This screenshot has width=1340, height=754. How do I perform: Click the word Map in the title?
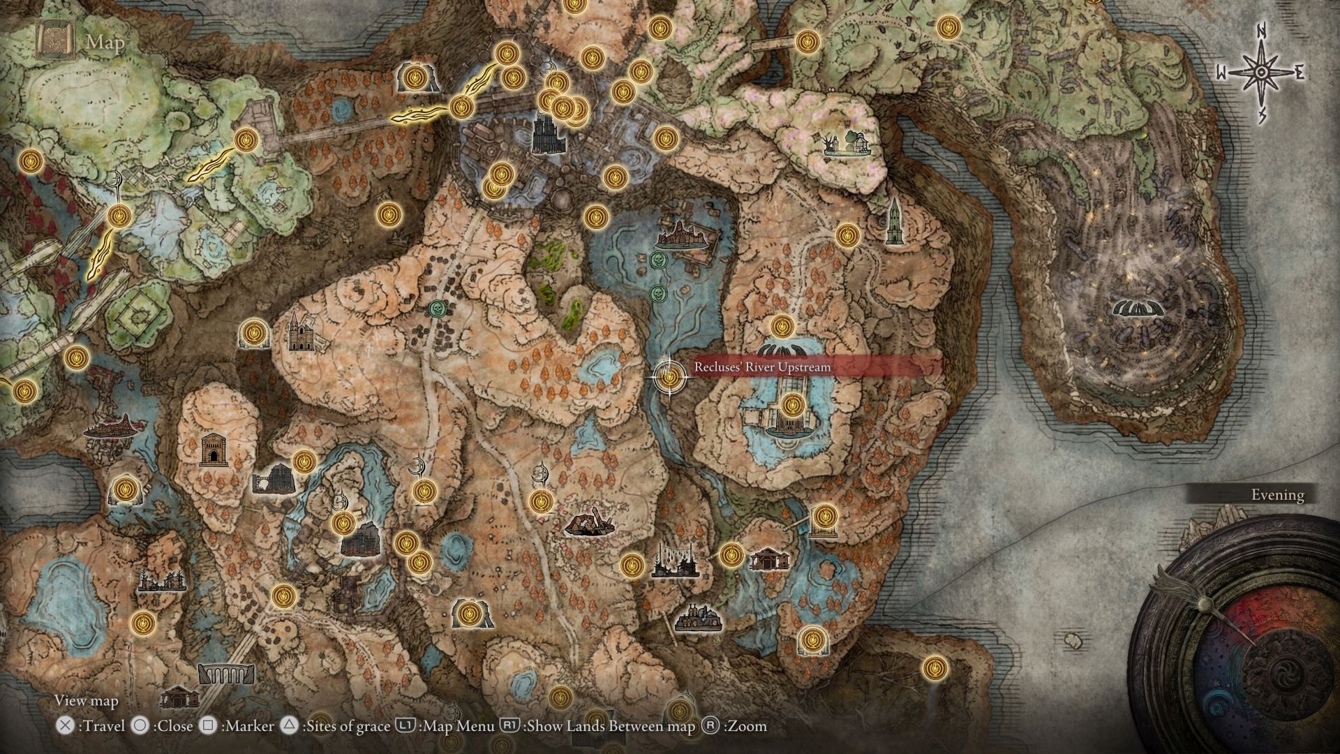(x=105, y=43)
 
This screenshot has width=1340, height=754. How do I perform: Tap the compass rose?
(x=1261, y=73)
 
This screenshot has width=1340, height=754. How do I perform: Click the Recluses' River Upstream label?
(x=762, y=367)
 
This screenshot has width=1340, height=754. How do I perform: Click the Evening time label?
(x=1277, y=495)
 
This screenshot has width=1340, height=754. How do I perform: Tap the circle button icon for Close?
(x=140, y=726)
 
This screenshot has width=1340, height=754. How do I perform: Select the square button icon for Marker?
(x=208, y=726)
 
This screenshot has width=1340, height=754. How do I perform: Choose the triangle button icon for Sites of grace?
(x=289, y=726)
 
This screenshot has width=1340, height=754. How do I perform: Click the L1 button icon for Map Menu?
(x=405, y=726)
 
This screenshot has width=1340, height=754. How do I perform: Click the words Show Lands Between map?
(x=611, y=726)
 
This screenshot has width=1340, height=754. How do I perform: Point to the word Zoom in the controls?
(x=745, y=726)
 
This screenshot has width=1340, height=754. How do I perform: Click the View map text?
(x=87, y=701)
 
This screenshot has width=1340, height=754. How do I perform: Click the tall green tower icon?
(x=893, y=222)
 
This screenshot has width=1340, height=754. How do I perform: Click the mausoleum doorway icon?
(x=212, y=450)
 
